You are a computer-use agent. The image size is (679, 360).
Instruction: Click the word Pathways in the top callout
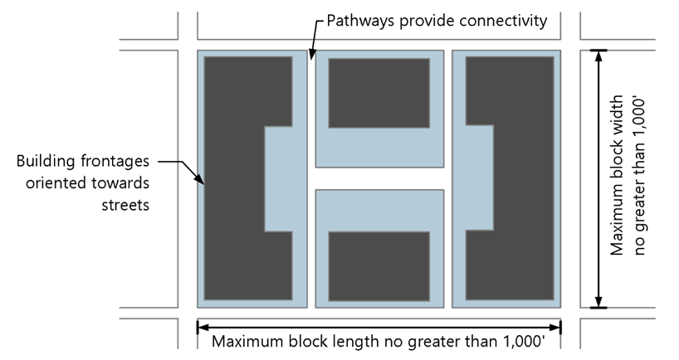pyautogui.click(x=361, y=21)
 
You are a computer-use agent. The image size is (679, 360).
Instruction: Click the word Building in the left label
pyautogui.click(x=46, y=162)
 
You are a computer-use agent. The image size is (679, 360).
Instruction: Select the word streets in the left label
pyautogui.click(x=125, y=205)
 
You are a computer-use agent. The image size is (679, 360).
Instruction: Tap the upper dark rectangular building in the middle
pyautogui.click(x=379, y=93)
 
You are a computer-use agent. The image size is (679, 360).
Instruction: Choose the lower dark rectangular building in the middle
pyautogui.click(x=379, y=266)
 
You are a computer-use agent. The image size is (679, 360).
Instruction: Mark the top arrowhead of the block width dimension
pyautogui.click(x=598, y=56)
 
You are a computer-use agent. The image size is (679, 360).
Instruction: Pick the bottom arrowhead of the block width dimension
pyautogui.click(x=598, y=302)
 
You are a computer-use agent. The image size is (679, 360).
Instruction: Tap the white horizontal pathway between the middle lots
pyautogui.click(x=379, y=178)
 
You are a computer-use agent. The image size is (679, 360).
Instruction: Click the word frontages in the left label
pyautogui.click(x=115, y=162)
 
